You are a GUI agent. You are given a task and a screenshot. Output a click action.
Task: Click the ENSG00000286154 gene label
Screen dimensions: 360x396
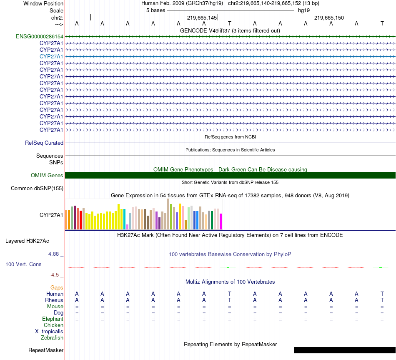(40, 36)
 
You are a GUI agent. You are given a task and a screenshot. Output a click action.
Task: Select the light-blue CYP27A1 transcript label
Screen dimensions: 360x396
(51, 56)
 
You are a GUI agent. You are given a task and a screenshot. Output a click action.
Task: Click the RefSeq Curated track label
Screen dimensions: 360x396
(44, 143)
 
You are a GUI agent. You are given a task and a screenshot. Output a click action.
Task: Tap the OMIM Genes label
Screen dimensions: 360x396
(47, 175)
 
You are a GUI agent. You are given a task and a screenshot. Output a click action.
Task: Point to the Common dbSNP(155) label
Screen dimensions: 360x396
(37, 188)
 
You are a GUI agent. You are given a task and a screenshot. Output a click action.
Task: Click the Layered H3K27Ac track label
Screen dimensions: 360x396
(27, 241)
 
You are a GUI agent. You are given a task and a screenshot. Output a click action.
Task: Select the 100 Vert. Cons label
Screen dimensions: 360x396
(23, 264)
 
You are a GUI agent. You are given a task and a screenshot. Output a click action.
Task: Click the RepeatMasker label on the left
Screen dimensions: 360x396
(46, 350)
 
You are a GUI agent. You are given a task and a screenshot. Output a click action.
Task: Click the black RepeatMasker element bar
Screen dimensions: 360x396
(344, 350)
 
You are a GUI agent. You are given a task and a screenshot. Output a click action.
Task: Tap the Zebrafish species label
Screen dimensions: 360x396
(52, 337)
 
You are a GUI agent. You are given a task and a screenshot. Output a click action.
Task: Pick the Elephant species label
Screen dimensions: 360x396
(53, 319)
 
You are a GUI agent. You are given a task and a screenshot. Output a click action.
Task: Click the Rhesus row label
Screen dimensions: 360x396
(54, 300)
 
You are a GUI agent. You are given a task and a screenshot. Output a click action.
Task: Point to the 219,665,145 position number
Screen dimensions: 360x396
(202, 18)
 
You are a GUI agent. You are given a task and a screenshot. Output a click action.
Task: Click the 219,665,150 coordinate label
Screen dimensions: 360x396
(329, 18)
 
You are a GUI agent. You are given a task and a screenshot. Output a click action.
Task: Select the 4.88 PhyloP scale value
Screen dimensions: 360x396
(54, 253)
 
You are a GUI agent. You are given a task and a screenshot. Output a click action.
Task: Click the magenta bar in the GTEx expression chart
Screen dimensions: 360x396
(221, 221)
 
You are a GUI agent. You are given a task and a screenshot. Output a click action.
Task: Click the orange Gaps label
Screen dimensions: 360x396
(57, 287)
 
